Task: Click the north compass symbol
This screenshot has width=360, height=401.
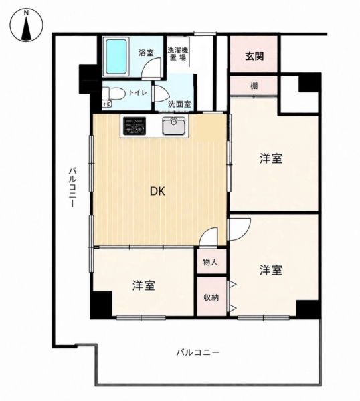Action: click(26, 25)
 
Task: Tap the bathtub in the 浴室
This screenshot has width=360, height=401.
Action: click(116, 56)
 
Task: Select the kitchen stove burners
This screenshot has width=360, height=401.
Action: click(134, 126)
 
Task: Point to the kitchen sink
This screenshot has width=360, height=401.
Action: click(174, 126)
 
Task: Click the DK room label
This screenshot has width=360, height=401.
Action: click(157, 191)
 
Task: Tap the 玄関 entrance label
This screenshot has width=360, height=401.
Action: click(254, 56)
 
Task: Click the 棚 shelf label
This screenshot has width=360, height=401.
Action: click(254, 86)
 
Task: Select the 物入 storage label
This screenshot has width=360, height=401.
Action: click(211, 262)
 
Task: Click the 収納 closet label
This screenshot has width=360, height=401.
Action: click(211, 297)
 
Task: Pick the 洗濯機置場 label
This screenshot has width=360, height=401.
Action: click(178, 53)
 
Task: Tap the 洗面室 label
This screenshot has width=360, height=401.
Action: click(179, 104)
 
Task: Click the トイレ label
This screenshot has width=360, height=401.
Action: click(138, 92)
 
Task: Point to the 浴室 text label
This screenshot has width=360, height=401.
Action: click(146, 53)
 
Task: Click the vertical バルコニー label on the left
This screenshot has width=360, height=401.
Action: click(73, 187)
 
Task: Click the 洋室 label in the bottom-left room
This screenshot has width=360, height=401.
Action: click(144, 285)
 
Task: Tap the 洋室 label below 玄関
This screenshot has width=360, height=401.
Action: click(271, 158)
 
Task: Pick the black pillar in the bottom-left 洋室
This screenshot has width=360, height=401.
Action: click(102, 305)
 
